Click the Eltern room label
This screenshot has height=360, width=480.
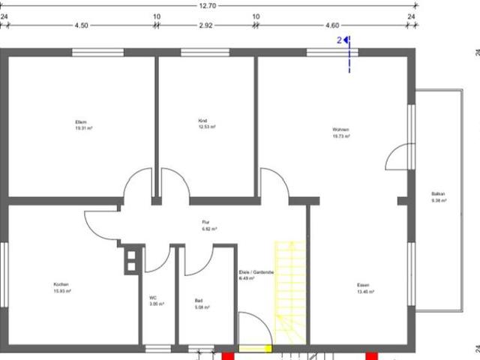click(82, 121)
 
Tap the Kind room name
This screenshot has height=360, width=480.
click(202, 121)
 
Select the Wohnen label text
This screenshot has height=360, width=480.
click(341, 130)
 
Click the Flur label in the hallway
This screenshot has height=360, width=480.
click(205, 222)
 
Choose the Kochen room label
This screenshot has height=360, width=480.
click(61, 284)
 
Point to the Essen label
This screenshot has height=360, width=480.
click(363, 285)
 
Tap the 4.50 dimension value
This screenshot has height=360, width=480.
click(81, 25)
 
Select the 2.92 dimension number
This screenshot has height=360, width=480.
click(206, 25)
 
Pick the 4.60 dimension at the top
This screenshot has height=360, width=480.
click(332, 25)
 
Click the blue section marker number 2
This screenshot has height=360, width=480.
click(339, 39)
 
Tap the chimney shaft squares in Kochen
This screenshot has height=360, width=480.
click(130, 258)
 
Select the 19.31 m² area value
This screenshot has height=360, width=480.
click(82, 128)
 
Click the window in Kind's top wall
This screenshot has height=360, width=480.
click(205, 52)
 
